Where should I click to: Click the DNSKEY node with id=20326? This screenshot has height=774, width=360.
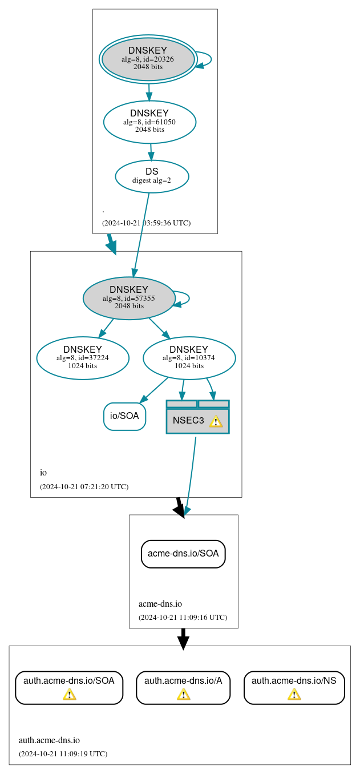[148, 59]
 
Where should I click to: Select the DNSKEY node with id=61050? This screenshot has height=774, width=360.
[149, 122]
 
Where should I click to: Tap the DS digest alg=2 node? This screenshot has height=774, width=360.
[152, 176]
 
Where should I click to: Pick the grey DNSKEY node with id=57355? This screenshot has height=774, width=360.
[129, 298]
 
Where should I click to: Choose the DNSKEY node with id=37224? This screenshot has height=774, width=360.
[83, 358]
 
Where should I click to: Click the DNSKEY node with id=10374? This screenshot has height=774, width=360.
[189, 358]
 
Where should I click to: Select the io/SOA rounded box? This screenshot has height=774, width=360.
[124, 416]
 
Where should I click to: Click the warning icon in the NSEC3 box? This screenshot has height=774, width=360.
[216, 421]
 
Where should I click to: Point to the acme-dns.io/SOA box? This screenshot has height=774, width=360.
[183, 554]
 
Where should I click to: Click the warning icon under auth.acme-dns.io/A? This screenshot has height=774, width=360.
[183, 694]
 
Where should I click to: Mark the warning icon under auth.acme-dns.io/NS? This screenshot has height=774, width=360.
[294, 694]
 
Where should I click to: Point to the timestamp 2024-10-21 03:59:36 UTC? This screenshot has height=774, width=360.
[146, 223]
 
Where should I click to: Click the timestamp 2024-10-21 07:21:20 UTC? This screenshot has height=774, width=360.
[84, 487]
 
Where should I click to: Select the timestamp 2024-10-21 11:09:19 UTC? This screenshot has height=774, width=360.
[63, 754]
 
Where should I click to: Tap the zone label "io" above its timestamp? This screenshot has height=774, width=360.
[43, 473]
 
